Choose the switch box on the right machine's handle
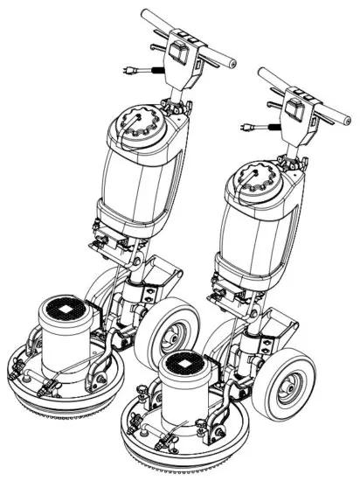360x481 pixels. tap(295, 109)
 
